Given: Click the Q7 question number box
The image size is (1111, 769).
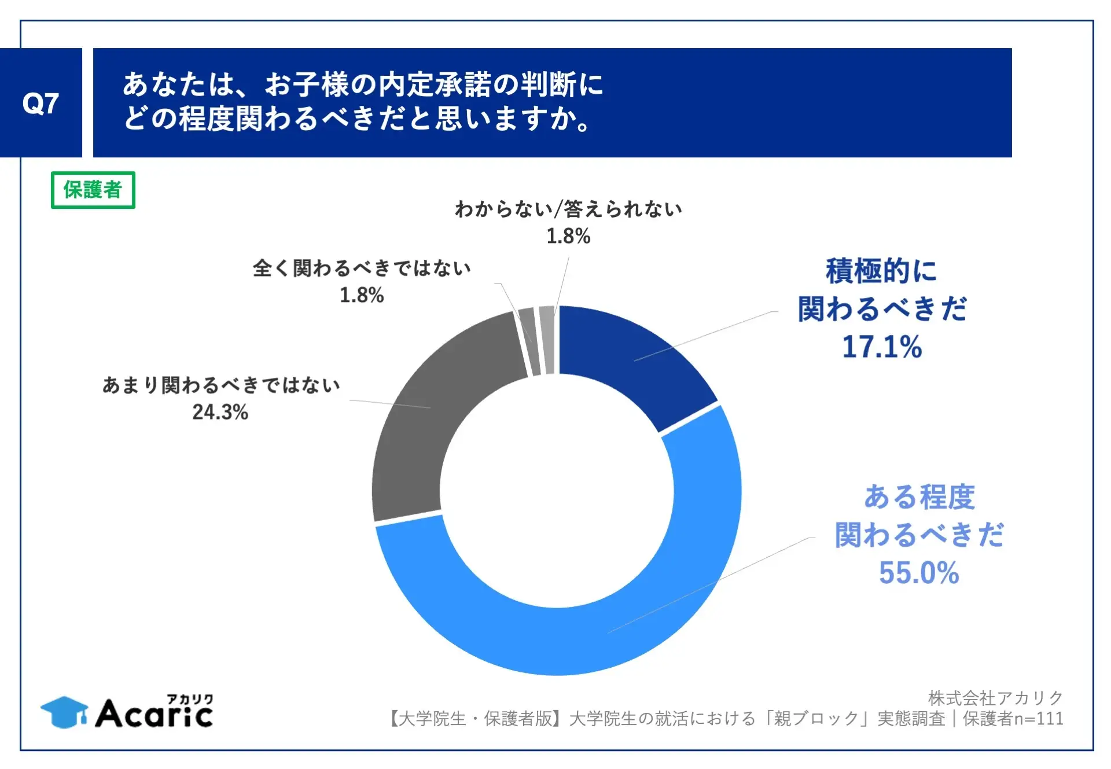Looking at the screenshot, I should pyautogui.click(x=41, y=103).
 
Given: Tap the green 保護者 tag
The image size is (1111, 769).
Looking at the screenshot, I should pyautogui.click(x=93, y=190).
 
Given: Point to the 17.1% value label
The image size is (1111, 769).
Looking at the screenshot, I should pyautogui.click(x=881, y=347).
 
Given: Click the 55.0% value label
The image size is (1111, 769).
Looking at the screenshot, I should pyautogui.click(x=918, y=573).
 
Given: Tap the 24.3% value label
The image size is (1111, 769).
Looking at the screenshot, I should pyautogui.click(x=220, y=412).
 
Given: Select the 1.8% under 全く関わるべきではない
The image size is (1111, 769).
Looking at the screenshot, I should pyautogui.click(x=361, y=295).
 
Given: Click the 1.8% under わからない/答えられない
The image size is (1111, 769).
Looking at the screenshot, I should pyautogui.click(x=568, y=236).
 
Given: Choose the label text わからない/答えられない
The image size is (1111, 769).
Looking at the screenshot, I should pyautogui.click(x=568, y=209).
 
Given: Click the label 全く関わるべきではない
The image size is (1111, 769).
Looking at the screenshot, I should pyautogui.click(x=362, y=268).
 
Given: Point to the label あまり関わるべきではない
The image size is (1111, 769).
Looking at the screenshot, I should pyautogui.click(x=221, y=385).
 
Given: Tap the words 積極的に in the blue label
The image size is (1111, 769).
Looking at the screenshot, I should pyautogui.click(x=881, y=271).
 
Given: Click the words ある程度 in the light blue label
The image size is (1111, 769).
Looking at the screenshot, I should pyautogui.click(x=919, y=497).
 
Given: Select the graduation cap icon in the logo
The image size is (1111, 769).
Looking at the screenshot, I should pyautogui.click(x=64, y=712).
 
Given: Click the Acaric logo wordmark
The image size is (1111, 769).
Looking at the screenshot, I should pyautogui.click(x=154, y=715).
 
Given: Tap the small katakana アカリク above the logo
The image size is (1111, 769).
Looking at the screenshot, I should pyautogui.click(x=190, y=699).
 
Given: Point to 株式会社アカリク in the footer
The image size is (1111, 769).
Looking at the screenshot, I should pyautogui.click(x=995, y=698).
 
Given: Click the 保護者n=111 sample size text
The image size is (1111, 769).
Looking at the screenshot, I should pyautogui.click(x=1013, y=719).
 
